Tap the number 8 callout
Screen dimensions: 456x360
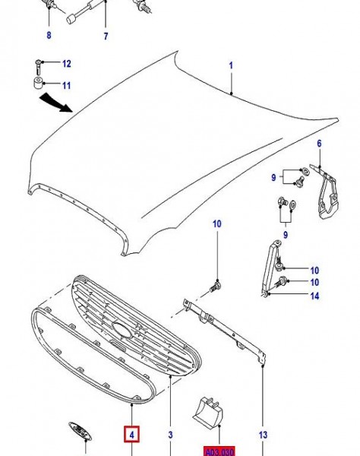click(x=49, y=36)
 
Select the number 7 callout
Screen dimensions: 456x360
click(x=106, y=36)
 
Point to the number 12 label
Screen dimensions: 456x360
click(x=66, y=63)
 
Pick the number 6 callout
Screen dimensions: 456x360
click(x=319, y=144)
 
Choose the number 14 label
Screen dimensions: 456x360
click(x=314, y=296)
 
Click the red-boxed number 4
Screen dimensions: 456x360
click(x=132, y=435)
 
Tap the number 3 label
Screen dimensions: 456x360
click(x=171, y=435)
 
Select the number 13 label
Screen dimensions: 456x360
click(x=263, y=435)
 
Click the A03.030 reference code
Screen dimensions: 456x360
click(x=219, y=451)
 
